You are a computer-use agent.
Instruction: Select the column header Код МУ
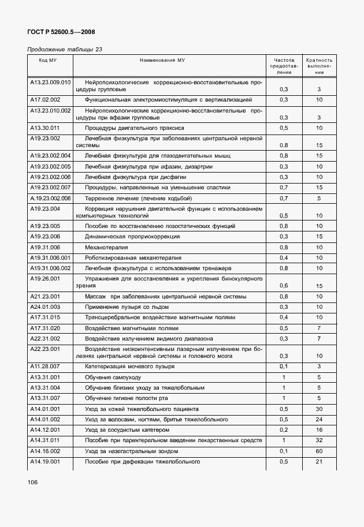tap(47, 60)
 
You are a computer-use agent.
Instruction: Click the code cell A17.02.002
tap(44, 100)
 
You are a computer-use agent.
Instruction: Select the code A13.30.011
tap(44, 128)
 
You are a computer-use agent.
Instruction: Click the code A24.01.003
tap(44, 307)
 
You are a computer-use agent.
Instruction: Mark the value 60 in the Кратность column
tap(319, 452)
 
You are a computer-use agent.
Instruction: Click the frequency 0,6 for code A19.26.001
tap(284, 285)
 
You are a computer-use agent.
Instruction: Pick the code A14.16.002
tap(44, 452)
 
